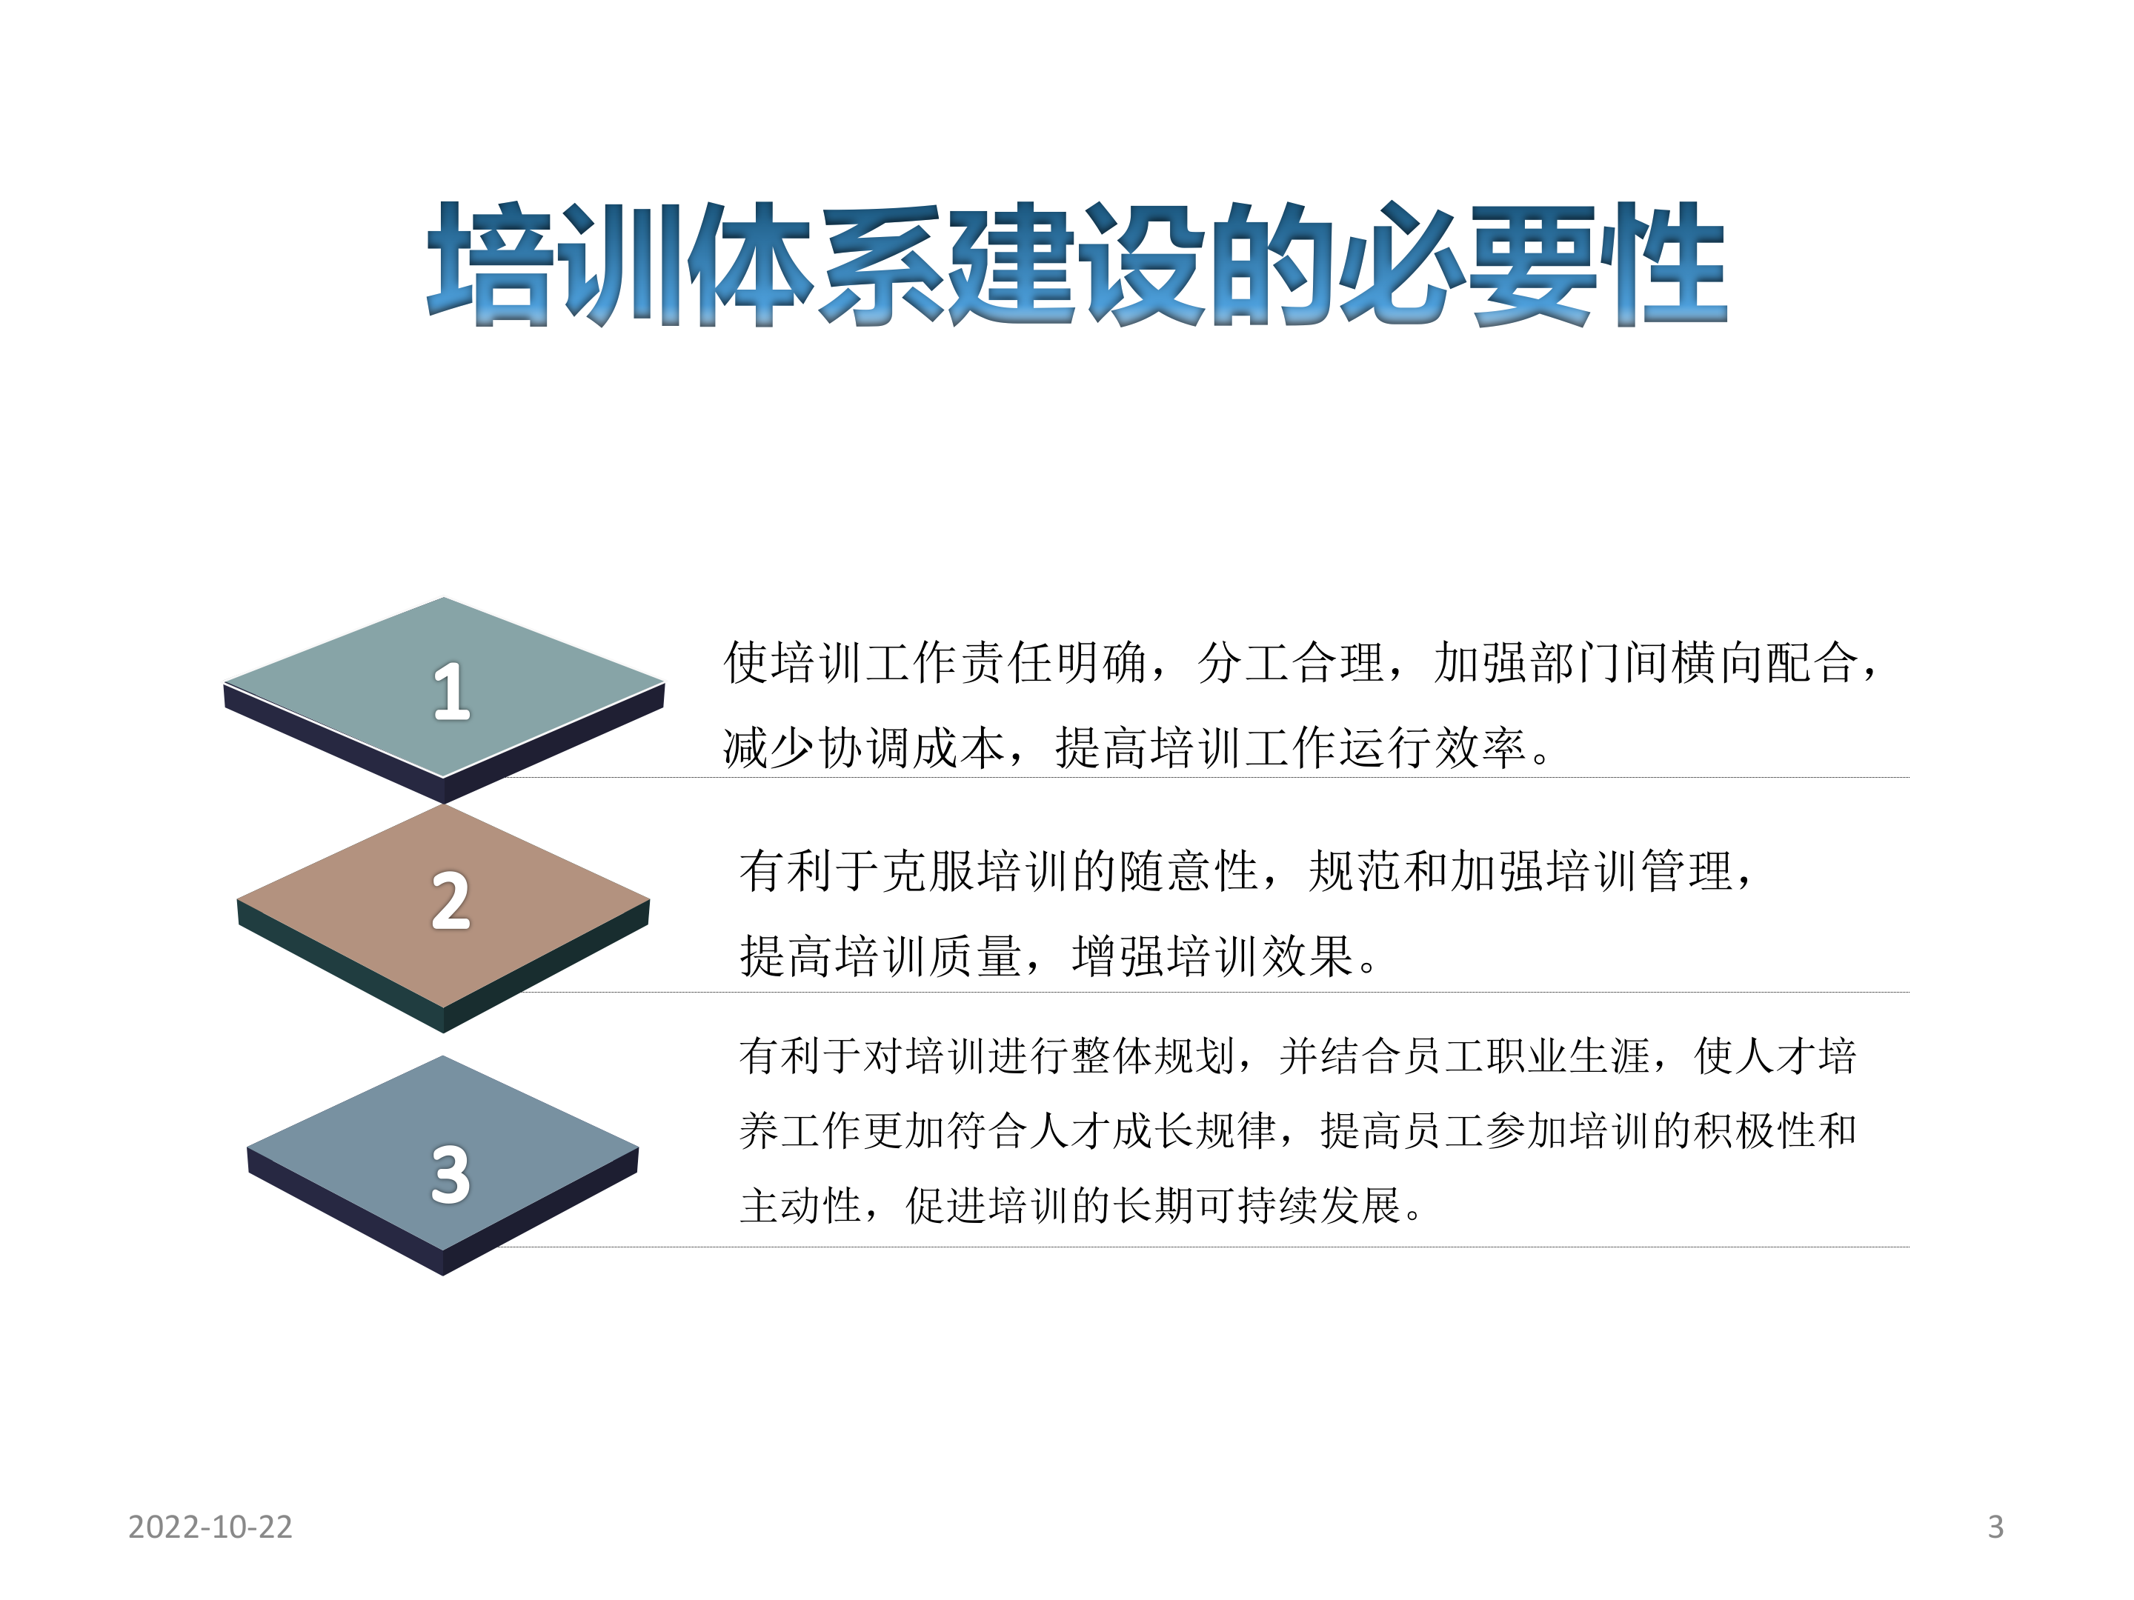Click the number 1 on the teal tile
[451, 692]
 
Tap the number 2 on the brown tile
[450, 901]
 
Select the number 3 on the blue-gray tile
[450, 1175]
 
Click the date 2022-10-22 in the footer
[210, 1527]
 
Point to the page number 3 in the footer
[1996, 1527]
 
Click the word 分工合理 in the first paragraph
[1291, 662]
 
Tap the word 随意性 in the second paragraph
[1189, 871]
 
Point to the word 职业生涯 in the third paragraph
[1569, 1056]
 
